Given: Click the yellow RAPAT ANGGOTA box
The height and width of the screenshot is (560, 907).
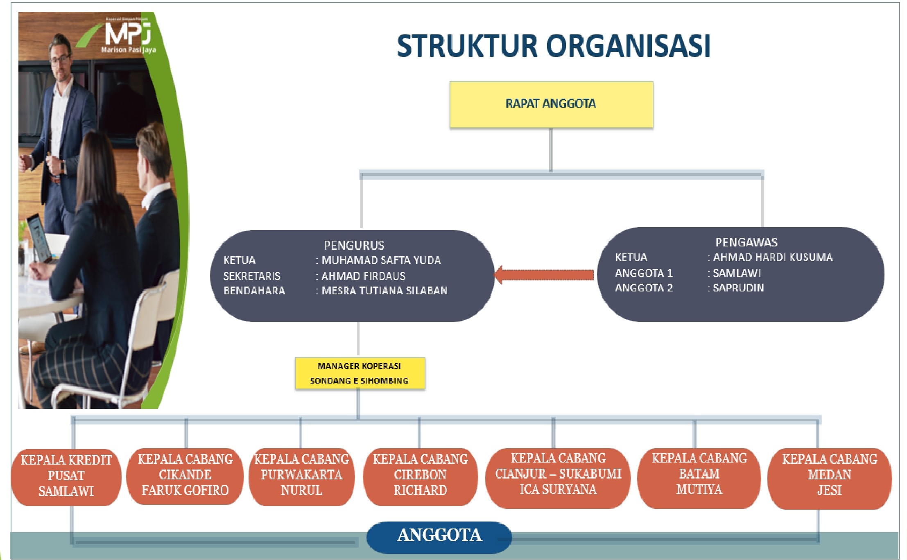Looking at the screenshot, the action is point(551,104).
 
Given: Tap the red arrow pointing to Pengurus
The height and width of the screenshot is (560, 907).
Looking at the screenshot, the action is point(544,275).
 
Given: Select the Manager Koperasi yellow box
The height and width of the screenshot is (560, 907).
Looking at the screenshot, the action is point(360,373).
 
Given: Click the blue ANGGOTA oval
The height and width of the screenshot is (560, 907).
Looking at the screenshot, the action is point(439,537).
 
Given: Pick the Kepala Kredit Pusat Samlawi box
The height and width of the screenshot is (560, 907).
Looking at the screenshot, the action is point(66,477).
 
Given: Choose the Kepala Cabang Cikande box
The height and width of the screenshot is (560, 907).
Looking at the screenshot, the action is point(185,476).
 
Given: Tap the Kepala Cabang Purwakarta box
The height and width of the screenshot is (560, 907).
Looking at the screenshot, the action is point(302,476).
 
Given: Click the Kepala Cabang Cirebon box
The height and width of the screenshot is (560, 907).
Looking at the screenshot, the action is point(421,476).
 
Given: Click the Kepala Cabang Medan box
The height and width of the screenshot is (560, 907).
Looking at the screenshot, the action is point(830,478).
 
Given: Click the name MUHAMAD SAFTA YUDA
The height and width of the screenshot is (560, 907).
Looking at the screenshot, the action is point(381,260).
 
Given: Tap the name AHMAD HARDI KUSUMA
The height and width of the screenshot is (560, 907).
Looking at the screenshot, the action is point(773,257).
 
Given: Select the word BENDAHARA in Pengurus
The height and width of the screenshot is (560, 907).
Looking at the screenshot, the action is point(254,291).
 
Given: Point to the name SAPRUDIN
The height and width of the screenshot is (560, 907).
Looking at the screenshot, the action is point(738,288).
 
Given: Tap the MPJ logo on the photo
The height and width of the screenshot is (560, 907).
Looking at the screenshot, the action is point(128,35).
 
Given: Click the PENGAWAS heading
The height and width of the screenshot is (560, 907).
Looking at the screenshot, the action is point(746,242).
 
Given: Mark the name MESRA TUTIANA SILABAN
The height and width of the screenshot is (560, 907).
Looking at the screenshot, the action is point(385,291).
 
